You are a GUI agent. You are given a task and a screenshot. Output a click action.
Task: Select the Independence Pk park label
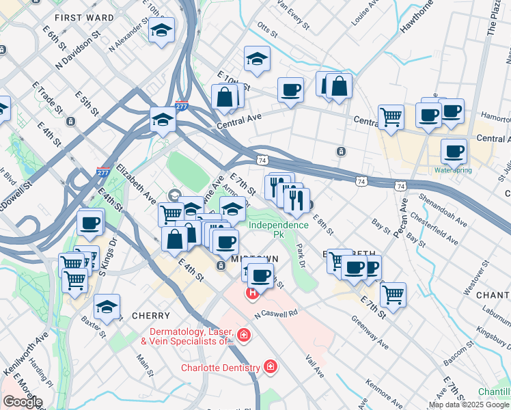pos(278,229)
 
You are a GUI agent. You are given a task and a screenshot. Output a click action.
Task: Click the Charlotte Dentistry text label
pos(220,368)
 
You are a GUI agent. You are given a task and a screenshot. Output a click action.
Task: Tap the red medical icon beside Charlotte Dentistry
pos(271,368)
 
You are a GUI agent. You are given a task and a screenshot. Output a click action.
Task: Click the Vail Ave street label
pos(314,361)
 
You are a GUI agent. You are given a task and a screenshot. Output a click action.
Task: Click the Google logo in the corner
pos(23,402)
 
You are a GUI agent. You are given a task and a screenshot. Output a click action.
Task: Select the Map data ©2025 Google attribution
pos(469,405)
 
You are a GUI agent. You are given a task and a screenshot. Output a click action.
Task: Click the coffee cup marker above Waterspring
pos(454,151)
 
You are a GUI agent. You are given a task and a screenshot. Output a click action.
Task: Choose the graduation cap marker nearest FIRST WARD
pos(161,30)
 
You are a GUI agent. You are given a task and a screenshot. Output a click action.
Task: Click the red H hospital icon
pos(251,293)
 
